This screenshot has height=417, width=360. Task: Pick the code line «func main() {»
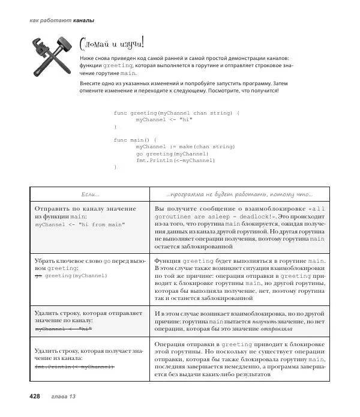click(x=134, y=139)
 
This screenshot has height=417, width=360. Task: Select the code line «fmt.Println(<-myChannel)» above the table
click(x=175, y=160)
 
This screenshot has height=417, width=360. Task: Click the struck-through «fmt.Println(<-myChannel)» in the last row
click(x=74, y=366)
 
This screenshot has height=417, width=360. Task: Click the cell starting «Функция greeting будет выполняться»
click(x=239, y=278)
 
